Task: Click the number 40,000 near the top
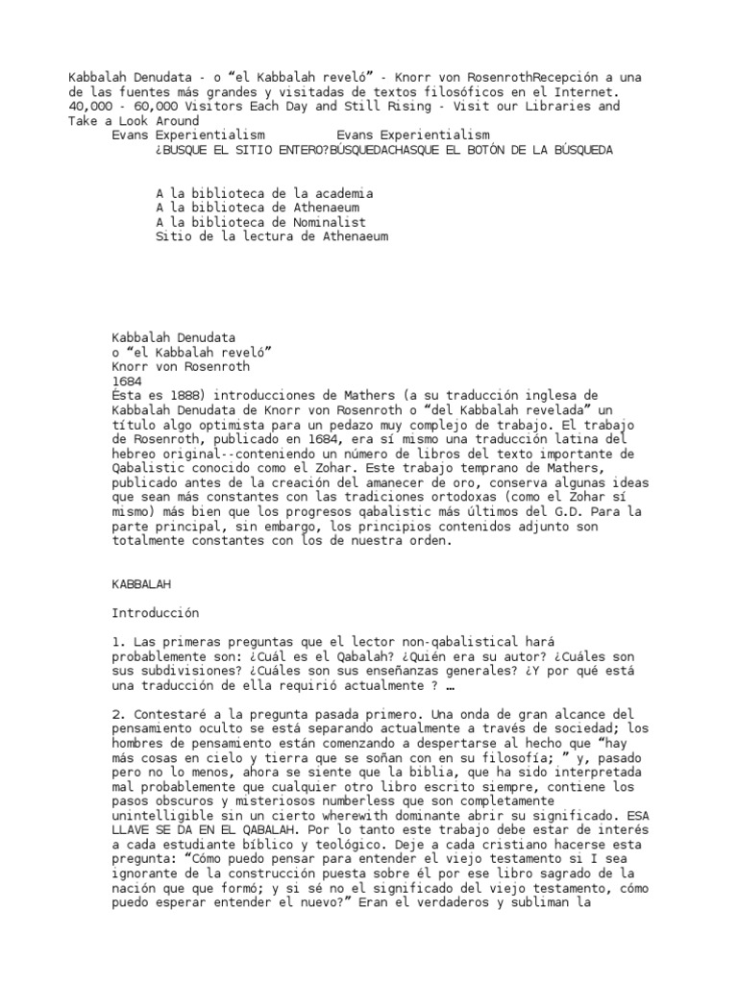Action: (91, 106)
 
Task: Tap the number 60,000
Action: (155, 106)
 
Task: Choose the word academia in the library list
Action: (338, 193)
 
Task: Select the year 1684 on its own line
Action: (128, 381)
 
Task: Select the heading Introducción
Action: (155, 611)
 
